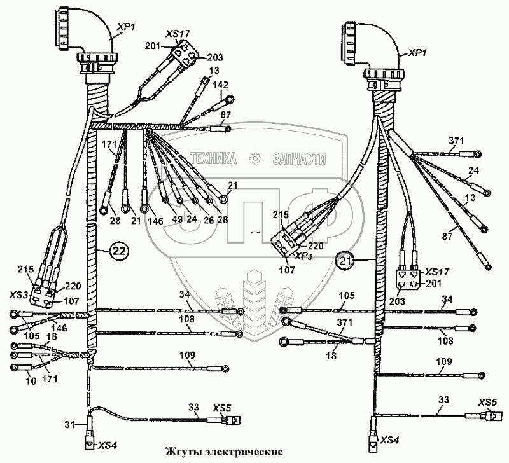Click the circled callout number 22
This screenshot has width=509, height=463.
[118, 251]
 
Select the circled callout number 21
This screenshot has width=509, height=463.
[344, 259]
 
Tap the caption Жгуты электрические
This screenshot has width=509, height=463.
[223, 452]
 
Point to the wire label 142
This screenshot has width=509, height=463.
[221, 85]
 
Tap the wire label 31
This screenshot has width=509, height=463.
[71, 424]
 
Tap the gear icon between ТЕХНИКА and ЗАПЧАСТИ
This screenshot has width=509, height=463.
[256, 158]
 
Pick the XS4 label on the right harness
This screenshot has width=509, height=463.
[389, 440]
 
